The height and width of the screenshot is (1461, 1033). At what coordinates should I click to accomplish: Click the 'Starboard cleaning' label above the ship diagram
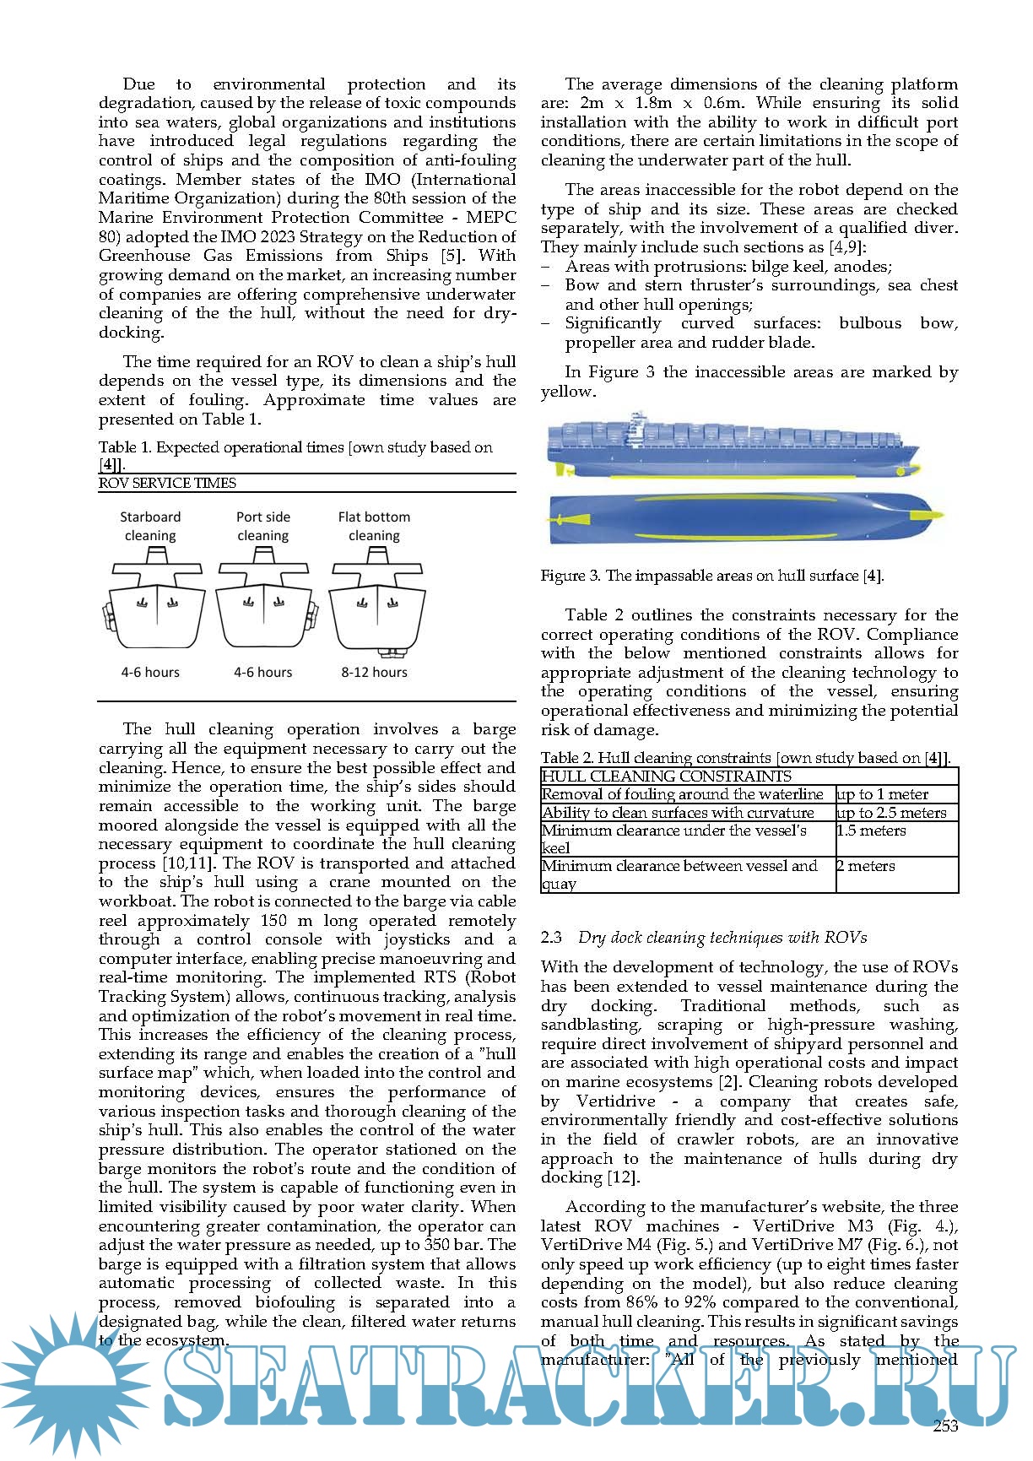pyautogui.click(x=150, y=526)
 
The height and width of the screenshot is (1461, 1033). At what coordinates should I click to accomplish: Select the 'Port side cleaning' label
pyautogui.click(x=263, y=526)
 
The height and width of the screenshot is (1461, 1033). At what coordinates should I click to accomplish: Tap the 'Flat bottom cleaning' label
pyautogui.click(x=374, y=526)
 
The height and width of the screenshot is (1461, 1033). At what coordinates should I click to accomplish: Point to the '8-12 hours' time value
pyautogui.click(x=374, y=672)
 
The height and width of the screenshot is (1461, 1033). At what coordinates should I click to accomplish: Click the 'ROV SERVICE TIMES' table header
pyautogui.click(x=167, y=483)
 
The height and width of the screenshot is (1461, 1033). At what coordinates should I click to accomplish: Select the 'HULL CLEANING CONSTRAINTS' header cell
pyautogui.click(x=667, y=776)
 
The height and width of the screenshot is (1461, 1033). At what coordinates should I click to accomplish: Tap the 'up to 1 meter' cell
pyautogui.click(x=883, y=794)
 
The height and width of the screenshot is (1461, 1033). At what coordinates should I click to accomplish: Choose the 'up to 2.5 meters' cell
pyautogui.click(x=892, y=813)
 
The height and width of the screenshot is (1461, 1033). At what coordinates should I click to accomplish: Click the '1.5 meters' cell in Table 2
pyautogui.click(x=872, y=831)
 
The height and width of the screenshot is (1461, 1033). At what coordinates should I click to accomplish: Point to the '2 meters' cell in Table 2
pyautogui.click(x=866, y=866)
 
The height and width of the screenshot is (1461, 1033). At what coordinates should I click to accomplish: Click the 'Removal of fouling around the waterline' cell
pyautogui.click(x=683, y=794)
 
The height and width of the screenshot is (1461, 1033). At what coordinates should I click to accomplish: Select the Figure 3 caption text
pyautogui.click(x=712, y=576)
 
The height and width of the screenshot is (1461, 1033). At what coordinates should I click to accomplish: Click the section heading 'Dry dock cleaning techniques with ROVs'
pyautogui.click(x=722, y=937)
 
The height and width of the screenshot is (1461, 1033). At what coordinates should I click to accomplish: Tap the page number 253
pyautogui.click(x=946, y=1426)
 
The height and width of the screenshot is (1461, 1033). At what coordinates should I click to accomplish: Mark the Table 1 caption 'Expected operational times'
pyautogui.click(x=295, y=447)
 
